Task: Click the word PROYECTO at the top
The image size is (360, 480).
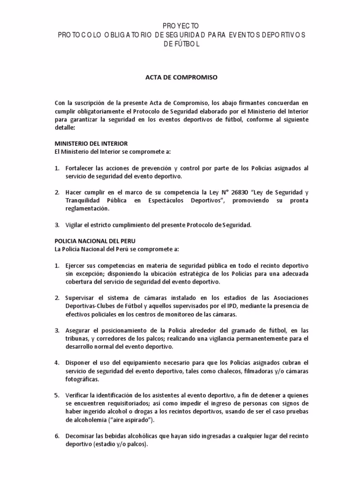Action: (180, 26)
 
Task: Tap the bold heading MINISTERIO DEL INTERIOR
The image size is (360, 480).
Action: (91, 143)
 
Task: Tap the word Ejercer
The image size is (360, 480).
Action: (76, 266)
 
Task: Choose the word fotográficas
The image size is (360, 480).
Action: (82, 379)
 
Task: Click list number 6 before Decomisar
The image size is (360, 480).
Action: (57, 436)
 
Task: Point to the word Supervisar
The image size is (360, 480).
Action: (82, 298)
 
